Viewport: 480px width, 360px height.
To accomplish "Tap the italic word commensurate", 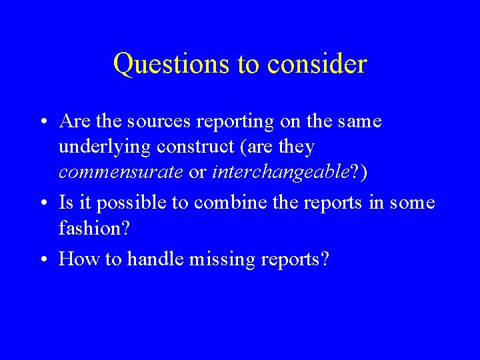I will click(121, 173).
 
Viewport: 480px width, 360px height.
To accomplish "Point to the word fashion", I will click(91, 229).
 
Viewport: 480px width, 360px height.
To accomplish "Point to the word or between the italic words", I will click(197, 173).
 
